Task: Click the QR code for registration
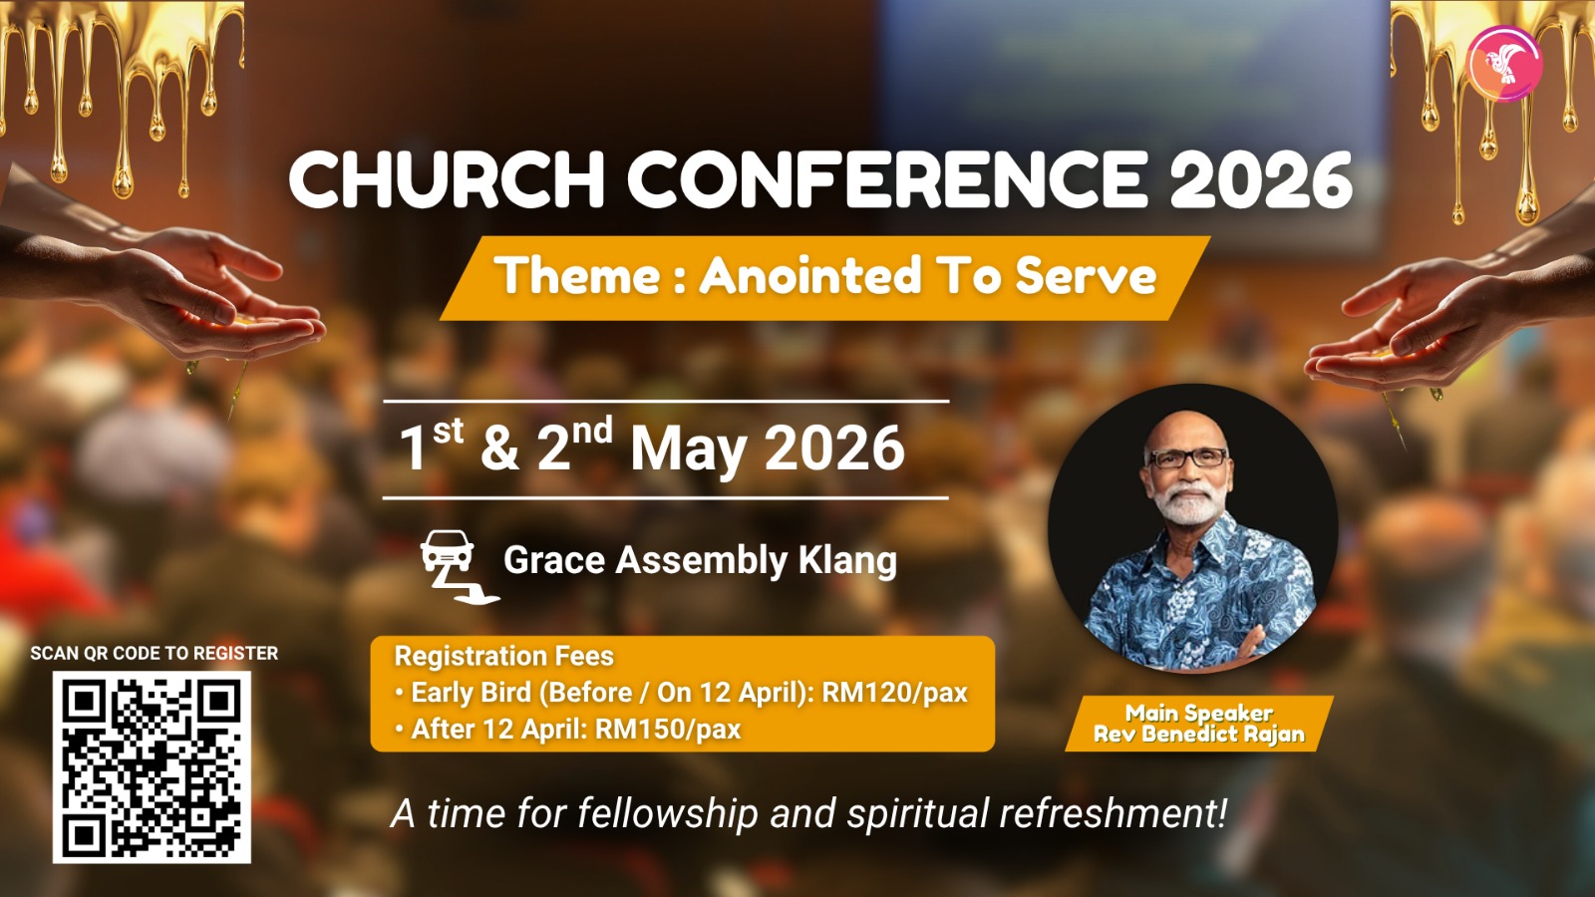(x=152, y=766)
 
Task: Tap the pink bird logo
(x=1504, y=64)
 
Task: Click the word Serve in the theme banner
(x=1086, y=275)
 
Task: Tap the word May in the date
(x=689, y=449)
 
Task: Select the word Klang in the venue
(x=847, y=561)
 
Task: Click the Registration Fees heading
(x=504, y=656)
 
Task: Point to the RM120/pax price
(x=895, y=693)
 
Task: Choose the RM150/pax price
(x=668, y=730)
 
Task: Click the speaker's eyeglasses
(x=1187, y=457)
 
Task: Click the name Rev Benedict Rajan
(x=1199, y=734)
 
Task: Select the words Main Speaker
(x=1199, y=713)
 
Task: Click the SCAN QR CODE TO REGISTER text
(x=154, y=653)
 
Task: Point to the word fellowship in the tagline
(x=668, y=813)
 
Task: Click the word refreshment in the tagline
(x=1114, y=813)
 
